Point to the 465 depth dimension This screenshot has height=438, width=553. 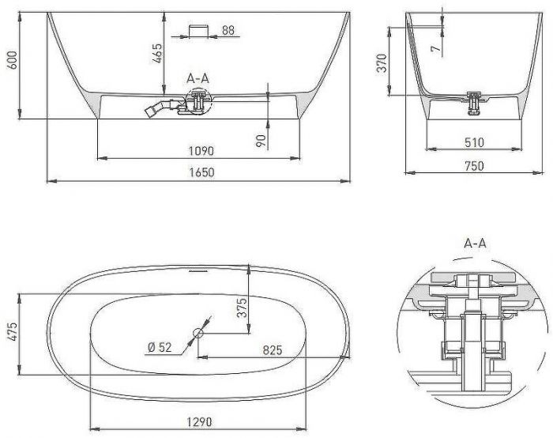[157, 53]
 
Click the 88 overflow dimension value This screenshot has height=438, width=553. [228, 31]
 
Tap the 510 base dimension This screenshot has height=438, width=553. [474, 143]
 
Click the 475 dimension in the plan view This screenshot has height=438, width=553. [10, 333]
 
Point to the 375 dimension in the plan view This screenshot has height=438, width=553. [241, 306]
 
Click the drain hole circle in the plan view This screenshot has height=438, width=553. [198, 334]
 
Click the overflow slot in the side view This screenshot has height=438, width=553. [197, 31]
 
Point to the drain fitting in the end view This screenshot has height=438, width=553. [474, 101]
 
